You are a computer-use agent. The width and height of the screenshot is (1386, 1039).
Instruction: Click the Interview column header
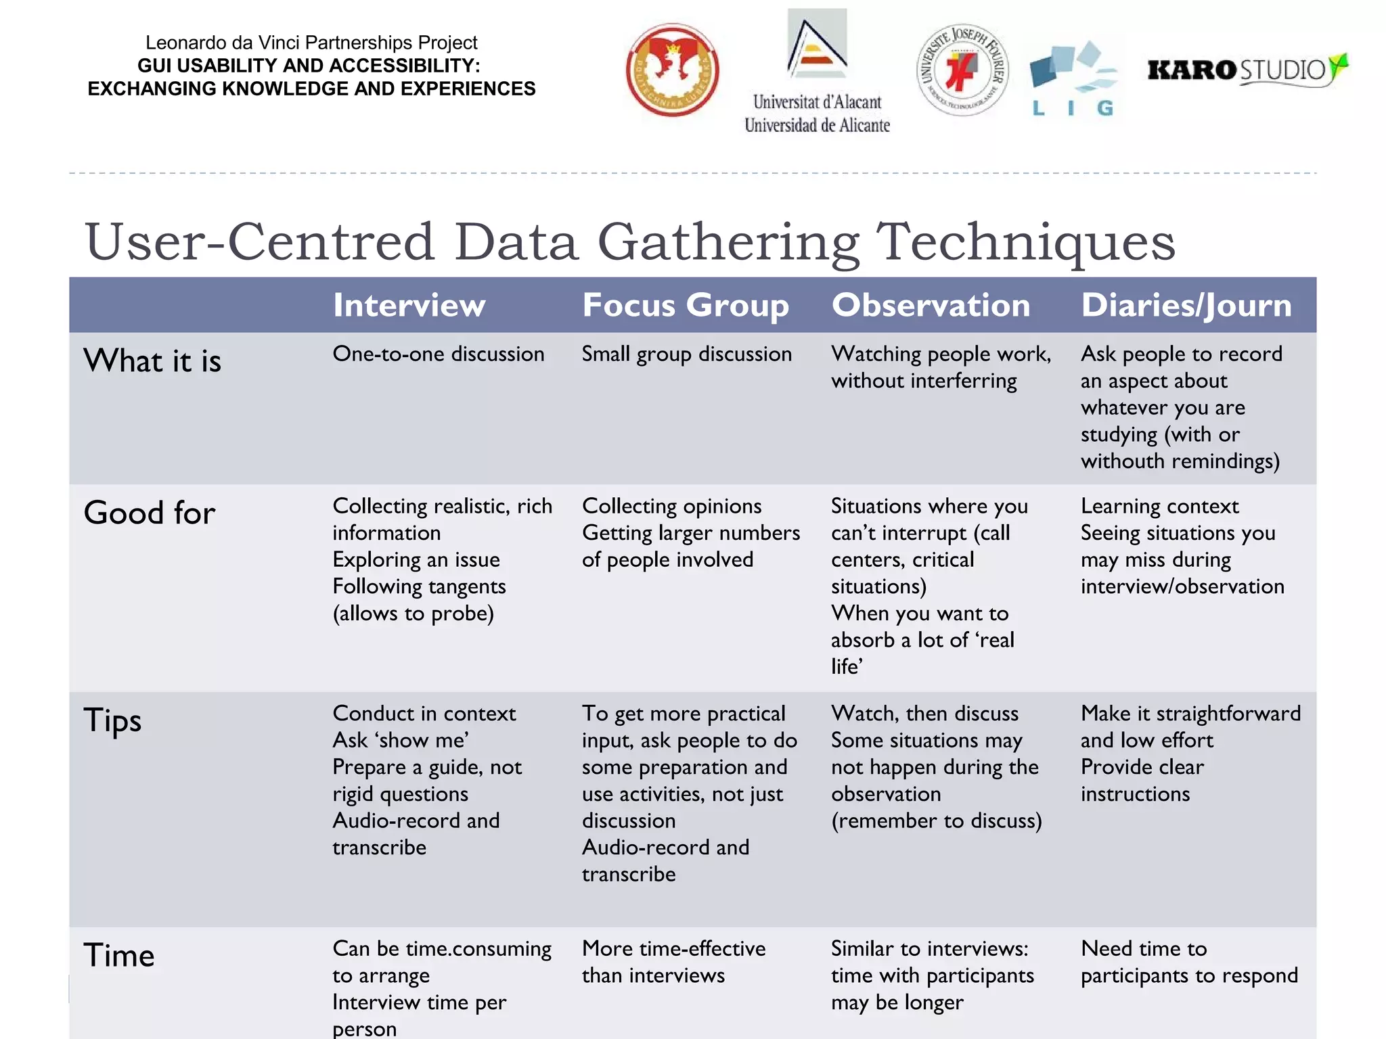pos(409,305)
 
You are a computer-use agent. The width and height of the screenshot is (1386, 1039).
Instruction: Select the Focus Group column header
pos(686,305)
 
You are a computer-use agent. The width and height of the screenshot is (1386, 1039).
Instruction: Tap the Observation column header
pos(931,305)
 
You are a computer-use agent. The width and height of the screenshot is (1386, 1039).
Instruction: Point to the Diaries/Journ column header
pos(1186,305)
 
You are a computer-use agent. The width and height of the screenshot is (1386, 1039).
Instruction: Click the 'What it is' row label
pos(152,361)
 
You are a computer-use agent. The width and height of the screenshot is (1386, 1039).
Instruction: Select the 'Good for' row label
pos(150,513)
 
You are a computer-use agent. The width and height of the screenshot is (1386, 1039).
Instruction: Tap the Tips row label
pos(112,720)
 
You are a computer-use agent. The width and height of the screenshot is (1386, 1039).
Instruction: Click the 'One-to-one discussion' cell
pos(439,354)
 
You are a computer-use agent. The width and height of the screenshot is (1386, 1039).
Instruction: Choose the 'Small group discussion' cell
pos(686,354)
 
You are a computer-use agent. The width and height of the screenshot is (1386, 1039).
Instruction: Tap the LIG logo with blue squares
pos(1073,78)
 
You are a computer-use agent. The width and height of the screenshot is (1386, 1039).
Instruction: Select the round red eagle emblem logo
pos(672,70)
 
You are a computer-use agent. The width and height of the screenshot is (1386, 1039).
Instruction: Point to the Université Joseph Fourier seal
pos(962,70)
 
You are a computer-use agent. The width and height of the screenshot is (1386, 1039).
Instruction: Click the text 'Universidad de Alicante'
pos(817,125)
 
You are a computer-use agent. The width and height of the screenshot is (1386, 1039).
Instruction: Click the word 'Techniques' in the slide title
pos(1025,241)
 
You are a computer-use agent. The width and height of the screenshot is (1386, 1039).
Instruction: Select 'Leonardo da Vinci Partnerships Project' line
pos(311,43)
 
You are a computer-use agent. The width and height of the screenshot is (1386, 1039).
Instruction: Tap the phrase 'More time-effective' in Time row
pos(673,948)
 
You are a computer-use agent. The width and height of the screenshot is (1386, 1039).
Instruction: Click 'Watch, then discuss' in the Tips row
pos(924,713)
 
